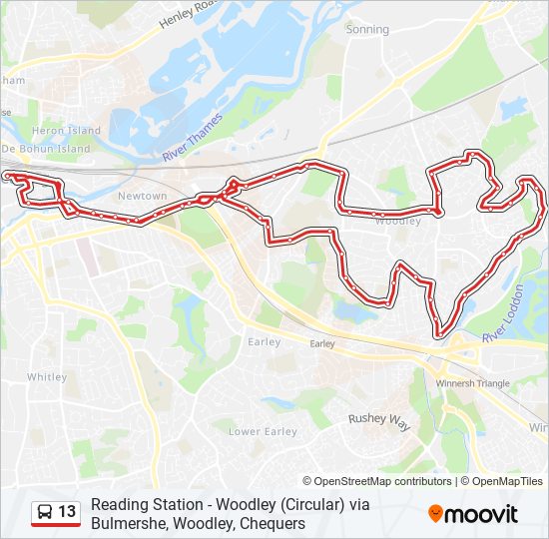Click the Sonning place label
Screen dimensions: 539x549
coord(366,29)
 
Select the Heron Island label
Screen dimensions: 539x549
coord(67,131)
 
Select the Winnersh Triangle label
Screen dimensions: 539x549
coord(473,383)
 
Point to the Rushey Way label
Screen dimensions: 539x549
coord(378,421)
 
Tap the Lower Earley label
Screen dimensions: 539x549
coord(263,431)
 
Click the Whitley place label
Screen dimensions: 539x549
coord(47,377)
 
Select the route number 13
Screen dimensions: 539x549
coord(67,512)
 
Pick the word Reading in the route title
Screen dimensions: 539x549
coord(118,504)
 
